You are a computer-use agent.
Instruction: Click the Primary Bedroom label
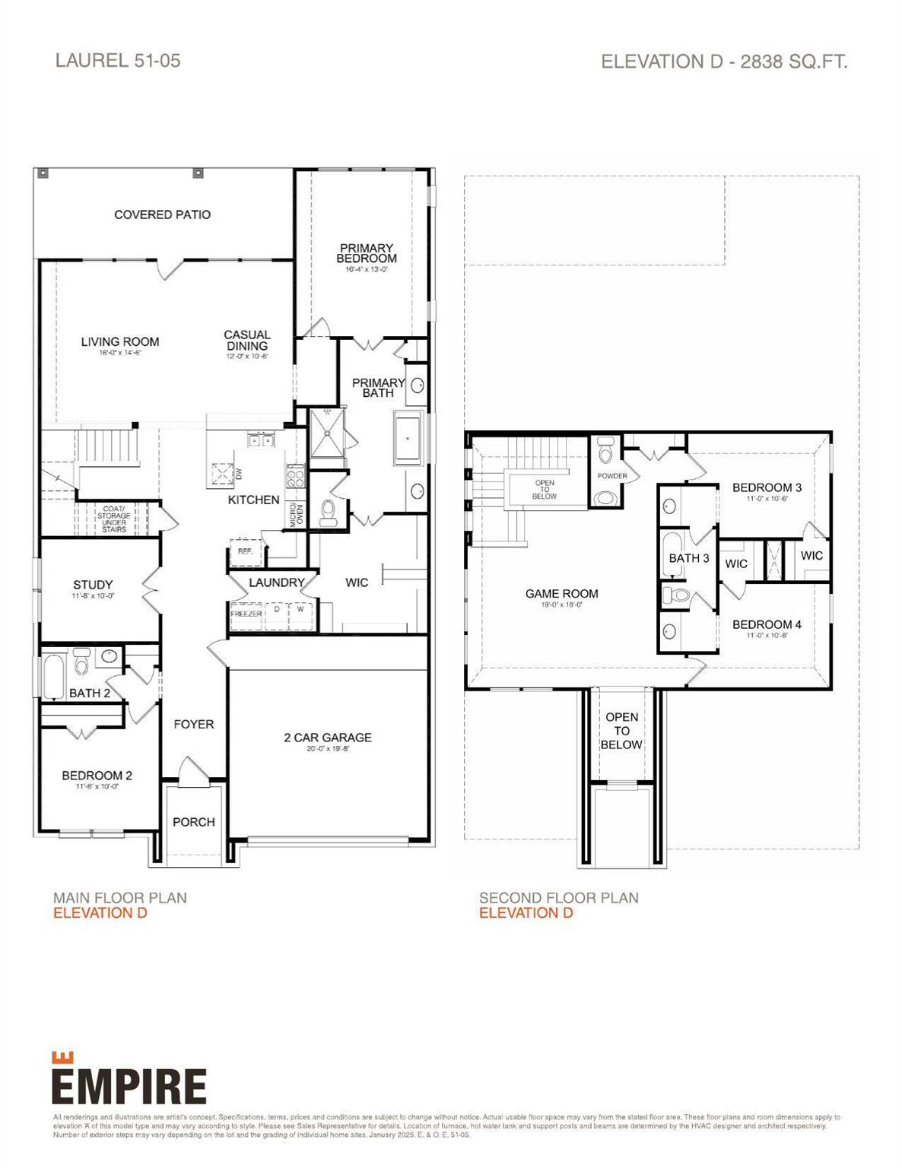pyautogui.click(x=367, y=253)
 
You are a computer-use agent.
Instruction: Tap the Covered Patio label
pyautogui.click(x=162, y=215)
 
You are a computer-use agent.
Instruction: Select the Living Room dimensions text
pyautogui.click(x=120, y=353)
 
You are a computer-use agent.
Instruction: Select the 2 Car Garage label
pyautogui.click(x=328, y=738)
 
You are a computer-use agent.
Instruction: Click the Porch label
pyautogui.click(x=194, y=822)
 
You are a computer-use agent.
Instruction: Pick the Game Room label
pyautogui.click(x=561, y=594)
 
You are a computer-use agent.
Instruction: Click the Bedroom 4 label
pyautogui.click(x=767, y=625)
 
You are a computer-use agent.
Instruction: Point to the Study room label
pyautogui.click(x=93, y=585)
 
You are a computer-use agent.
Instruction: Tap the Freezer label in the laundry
pyautogui.click(x=246, y=614)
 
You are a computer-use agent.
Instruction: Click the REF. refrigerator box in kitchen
pyautogui.click(x=246, y=551)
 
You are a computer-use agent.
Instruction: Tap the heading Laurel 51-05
pyautogui.click(x=118, y=61)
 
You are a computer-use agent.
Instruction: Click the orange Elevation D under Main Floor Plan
pyautogui.click(x=100, y=913)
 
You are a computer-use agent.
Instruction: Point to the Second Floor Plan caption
pyautogui.click(x=558, y=898)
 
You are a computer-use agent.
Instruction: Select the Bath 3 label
pyautogui.click(x=688, y=558)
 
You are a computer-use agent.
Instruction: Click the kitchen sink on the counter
pyautogui.click(x=259, y=440)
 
